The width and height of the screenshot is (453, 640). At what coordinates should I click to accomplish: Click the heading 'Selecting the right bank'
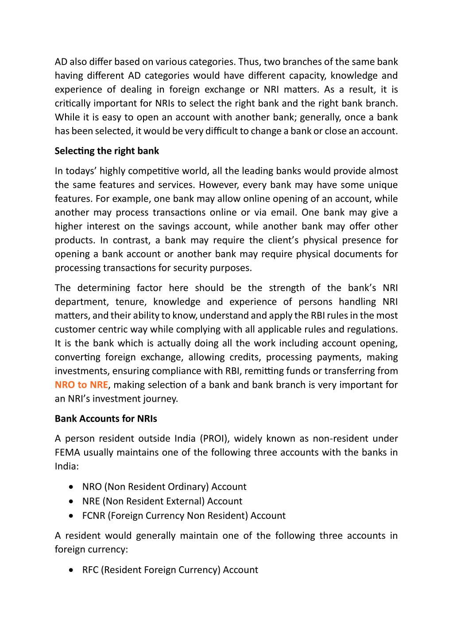(x=107, y=151)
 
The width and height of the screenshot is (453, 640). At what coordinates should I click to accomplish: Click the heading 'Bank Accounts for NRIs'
(x=106, y=418)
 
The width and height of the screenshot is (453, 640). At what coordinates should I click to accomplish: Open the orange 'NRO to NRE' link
(x=81, y=385)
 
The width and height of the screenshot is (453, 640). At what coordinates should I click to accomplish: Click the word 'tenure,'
(x=131, y=302)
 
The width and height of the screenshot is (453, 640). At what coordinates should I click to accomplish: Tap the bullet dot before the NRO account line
(x=71, y=487)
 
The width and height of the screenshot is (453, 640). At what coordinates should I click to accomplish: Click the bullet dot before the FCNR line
(x=71, y=516)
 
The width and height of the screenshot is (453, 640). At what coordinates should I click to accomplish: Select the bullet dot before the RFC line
(x=71, y=570)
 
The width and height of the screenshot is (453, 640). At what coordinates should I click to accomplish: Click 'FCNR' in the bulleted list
(x=93, y=516)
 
